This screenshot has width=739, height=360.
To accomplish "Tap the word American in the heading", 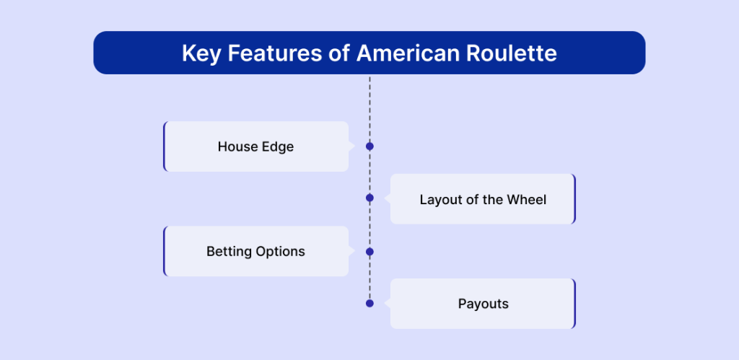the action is pos(408,53).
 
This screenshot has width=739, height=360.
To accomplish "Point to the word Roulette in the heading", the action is pos(512,53).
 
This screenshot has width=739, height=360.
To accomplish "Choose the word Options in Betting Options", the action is pos(281,252).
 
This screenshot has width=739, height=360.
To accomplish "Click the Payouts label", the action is pos(483,304).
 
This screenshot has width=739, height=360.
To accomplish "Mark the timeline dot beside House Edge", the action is pos(369,146).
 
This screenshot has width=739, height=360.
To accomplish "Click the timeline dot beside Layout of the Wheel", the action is pos(369,198).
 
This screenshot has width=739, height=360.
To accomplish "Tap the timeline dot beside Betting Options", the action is pos(369,252).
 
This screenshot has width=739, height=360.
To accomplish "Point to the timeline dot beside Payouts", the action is pos(369,303).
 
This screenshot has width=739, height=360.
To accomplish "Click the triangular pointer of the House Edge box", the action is pos(351,146).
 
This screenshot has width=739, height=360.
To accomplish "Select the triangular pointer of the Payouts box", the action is pos(388,303).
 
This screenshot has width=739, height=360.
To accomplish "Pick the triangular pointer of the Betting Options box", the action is pos(351,252).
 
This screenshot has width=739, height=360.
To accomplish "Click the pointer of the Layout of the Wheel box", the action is pos(388,198).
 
